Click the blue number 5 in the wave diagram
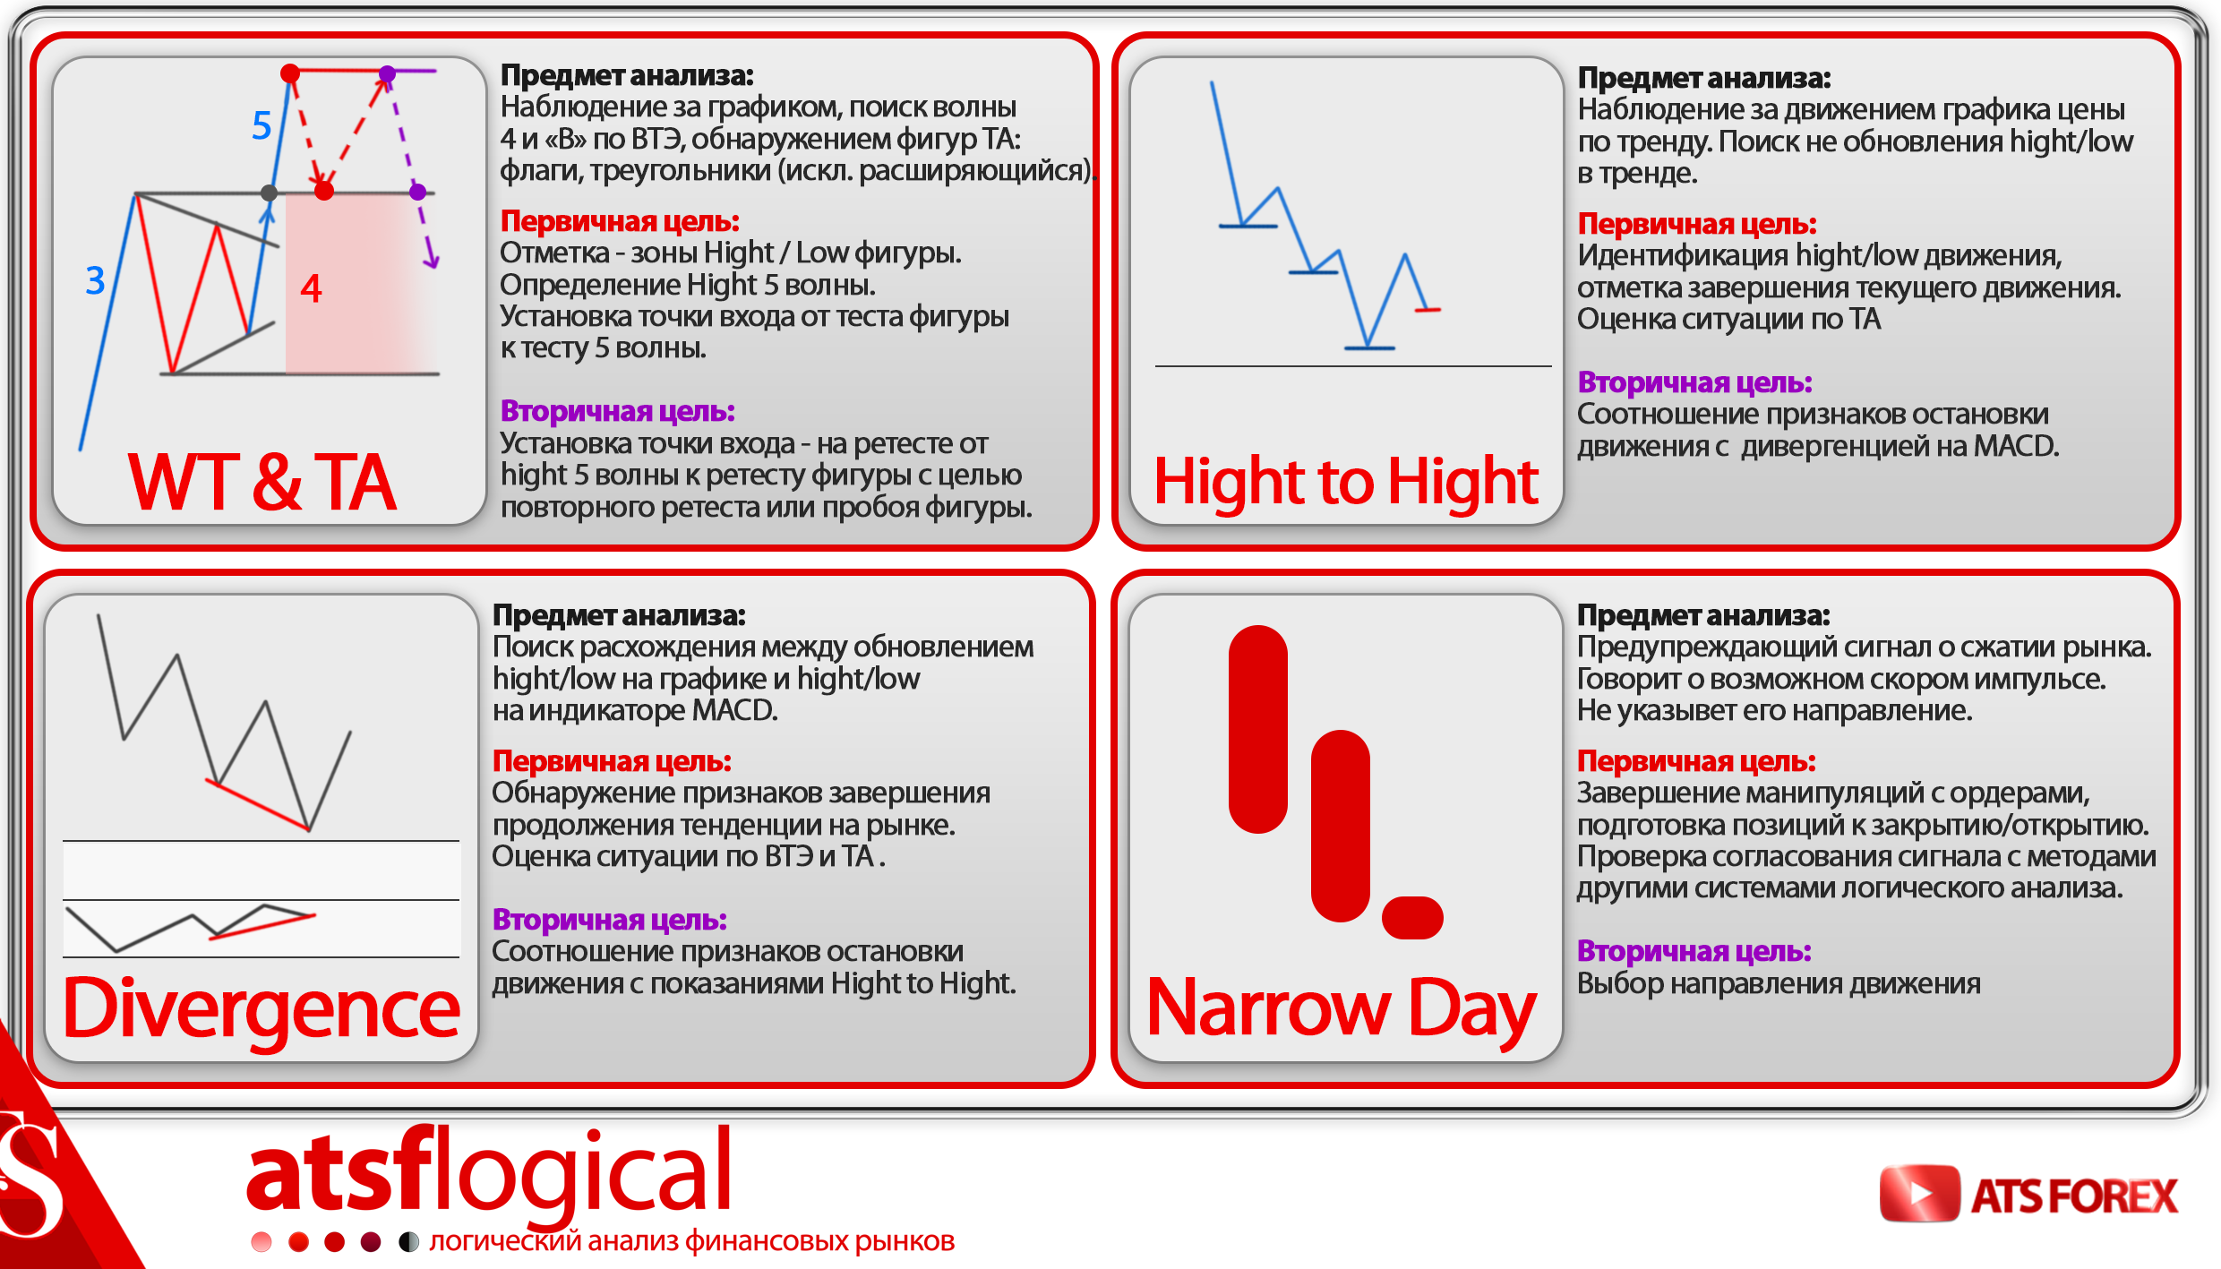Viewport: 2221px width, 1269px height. (262, 126)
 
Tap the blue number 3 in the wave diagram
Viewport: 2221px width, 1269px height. (95, 280)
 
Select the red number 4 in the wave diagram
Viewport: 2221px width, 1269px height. (311, 288)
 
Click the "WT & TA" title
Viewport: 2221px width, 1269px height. (262, 482)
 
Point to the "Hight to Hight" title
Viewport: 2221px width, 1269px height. (1346, 482)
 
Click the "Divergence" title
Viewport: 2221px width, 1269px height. (262, 1009)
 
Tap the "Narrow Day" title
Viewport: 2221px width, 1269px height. (1342, 1009)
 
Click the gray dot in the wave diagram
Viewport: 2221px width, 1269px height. (269, 193)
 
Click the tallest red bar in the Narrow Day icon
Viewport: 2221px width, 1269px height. (1258, 729)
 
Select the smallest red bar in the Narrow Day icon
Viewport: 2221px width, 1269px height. (1412, 917)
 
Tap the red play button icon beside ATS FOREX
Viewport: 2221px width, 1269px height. (1919, 1193)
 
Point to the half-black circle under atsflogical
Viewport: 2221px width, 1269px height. (408, 1241)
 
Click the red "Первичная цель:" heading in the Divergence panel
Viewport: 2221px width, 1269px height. (612, 761)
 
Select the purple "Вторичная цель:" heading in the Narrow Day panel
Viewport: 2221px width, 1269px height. (1694, 951)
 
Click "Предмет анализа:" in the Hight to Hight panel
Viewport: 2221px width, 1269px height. (1703, 78)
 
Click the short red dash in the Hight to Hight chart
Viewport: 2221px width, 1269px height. (1428, 310)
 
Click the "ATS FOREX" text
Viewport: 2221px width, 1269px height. (2074, 1196)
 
